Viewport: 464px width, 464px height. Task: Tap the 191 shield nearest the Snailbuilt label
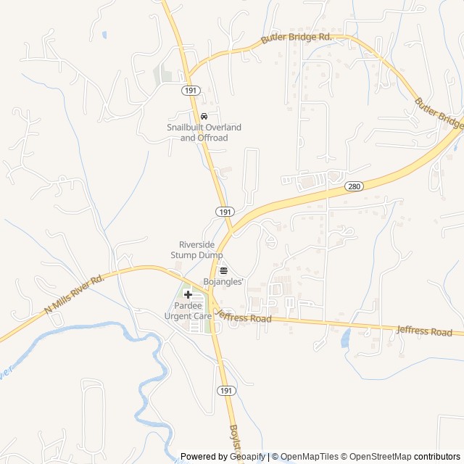[x=190, y=91]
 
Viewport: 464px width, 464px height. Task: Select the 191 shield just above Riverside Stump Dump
[x=224, y=211]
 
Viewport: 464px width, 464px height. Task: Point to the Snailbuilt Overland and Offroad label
[x=204, y=133]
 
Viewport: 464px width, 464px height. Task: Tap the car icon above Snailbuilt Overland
[x=204, y=116]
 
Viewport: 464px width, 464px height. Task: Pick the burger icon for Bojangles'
[x=223, y=270]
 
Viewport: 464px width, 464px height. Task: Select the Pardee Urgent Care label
[x=188, y=311]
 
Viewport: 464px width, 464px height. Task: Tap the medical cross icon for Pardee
[x=188, y=294]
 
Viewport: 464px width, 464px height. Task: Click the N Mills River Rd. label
[x=75, y=294]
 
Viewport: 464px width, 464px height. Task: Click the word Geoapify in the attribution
[x=246, y=457]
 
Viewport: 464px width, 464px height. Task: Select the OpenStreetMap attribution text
[x=381, y=457]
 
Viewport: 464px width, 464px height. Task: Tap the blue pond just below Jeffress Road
[x=346, y=337]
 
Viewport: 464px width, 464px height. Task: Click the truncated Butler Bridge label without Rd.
[x=439, y=115]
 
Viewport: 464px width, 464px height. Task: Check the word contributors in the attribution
[x=437, y=457]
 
